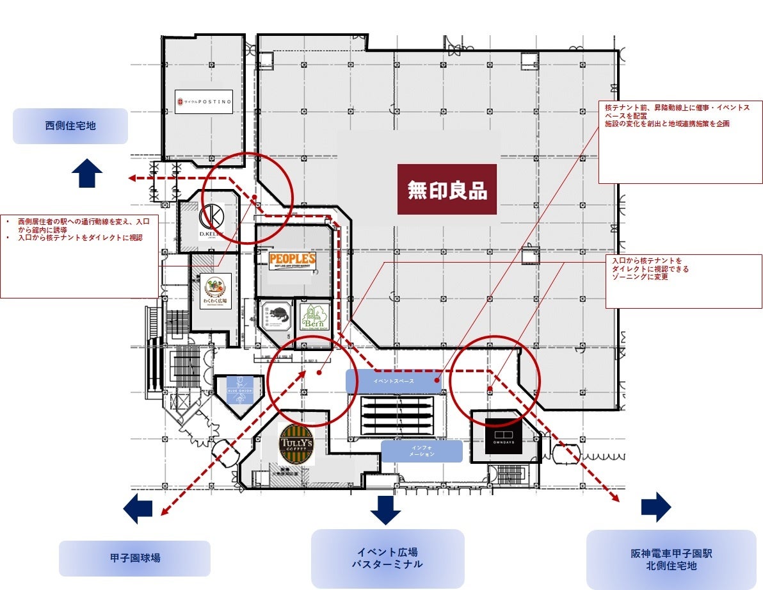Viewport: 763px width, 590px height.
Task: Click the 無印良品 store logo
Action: coord(447,190)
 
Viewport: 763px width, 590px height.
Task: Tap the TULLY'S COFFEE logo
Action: coord(296,445)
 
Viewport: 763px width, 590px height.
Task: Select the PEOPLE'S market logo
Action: coord(293,261)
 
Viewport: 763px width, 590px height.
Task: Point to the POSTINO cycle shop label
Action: coord(204,102)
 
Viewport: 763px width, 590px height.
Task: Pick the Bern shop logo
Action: coord(314,316)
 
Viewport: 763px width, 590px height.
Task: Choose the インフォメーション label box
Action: coord(422,451)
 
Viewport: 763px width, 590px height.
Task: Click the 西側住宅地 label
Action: coord(70,126)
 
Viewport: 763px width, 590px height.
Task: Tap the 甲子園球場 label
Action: coord(134,558)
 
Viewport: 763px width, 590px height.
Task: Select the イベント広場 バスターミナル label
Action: coord(387,558)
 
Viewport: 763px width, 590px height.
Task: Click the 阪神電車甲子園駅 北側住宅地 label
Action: coord(671,559)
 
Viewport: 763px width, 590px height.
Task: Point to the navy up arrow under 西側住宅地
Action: coord(87,174)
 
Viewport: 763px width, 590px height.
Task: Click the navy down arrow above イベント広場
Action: coord(385,509)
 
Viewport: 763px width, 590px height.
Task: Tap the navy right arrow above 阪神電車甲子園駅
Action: coord(656,507)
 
